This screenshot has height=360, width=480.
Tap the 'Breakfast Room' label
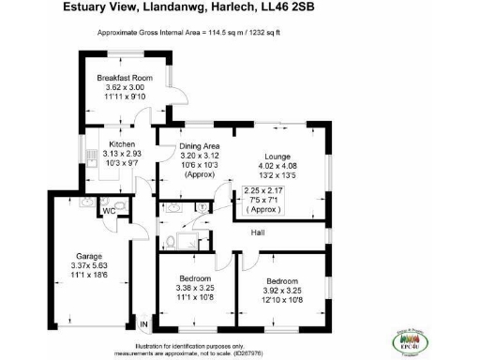tap(125, 78)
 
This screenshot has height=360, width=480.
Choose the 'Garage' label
tap(89, 256)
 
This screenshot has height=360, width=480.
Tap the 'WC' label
tap(109, 211)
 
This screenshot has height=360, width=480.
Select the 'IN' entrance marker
tap(143, 324)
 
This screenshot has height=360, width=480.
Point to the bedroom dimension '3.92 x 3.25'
tap(282, 291)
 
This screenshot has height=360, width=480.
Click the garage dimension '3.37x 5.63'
tap(89, 266)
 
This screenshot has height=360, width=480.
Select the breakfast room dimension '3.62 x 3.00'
tap(125, 88)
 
